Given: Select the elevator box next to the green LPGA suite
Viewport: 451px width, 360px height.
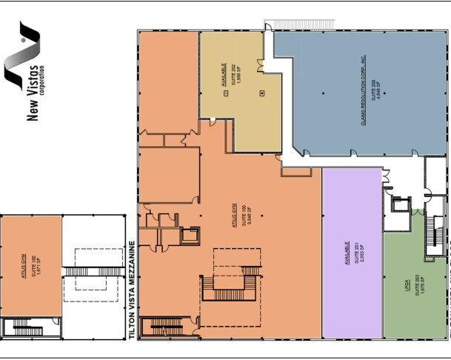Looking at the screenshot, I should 401,204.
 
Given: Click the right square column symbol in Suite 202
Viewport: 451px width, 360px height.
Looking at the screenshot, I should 261,93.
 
